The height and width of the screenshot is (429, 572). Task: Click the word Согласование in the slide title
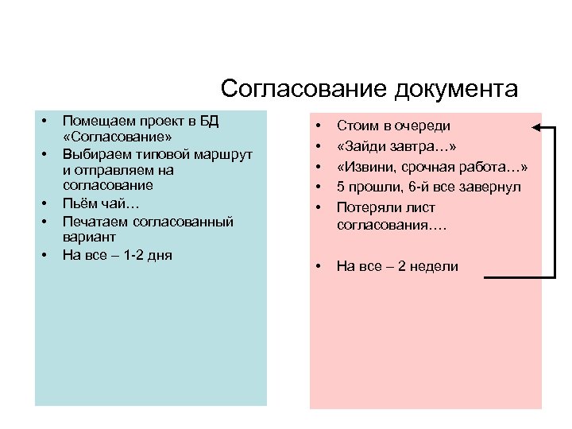coord(303,88)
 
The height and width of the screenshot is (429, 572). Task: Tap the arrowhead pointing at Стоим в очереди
coord(537,127)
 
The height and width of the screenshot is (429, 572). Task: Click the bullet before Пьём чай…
coord(45,203)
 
